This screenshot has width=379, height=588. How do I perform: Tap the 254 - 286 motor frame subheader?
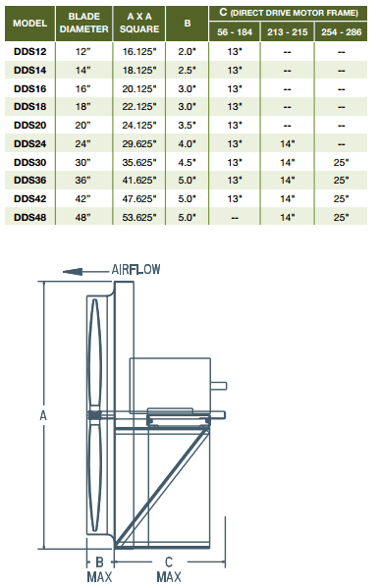pyautogui.click(x=341, y=30)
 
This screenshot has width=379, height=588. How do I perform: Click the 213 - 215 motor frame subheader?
pyautogui.click(x=286, y=30)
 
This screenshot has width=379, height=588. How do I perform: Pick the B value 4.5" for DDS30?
pyautogui.click(x=186, y=162)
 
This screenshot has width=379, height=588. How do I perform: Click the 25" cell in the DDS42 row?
pyautogui.click(x=341, y=198)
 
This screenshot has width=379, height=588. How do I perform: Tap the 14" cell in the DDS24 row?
pyautogui.click(x=286, y=143)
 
